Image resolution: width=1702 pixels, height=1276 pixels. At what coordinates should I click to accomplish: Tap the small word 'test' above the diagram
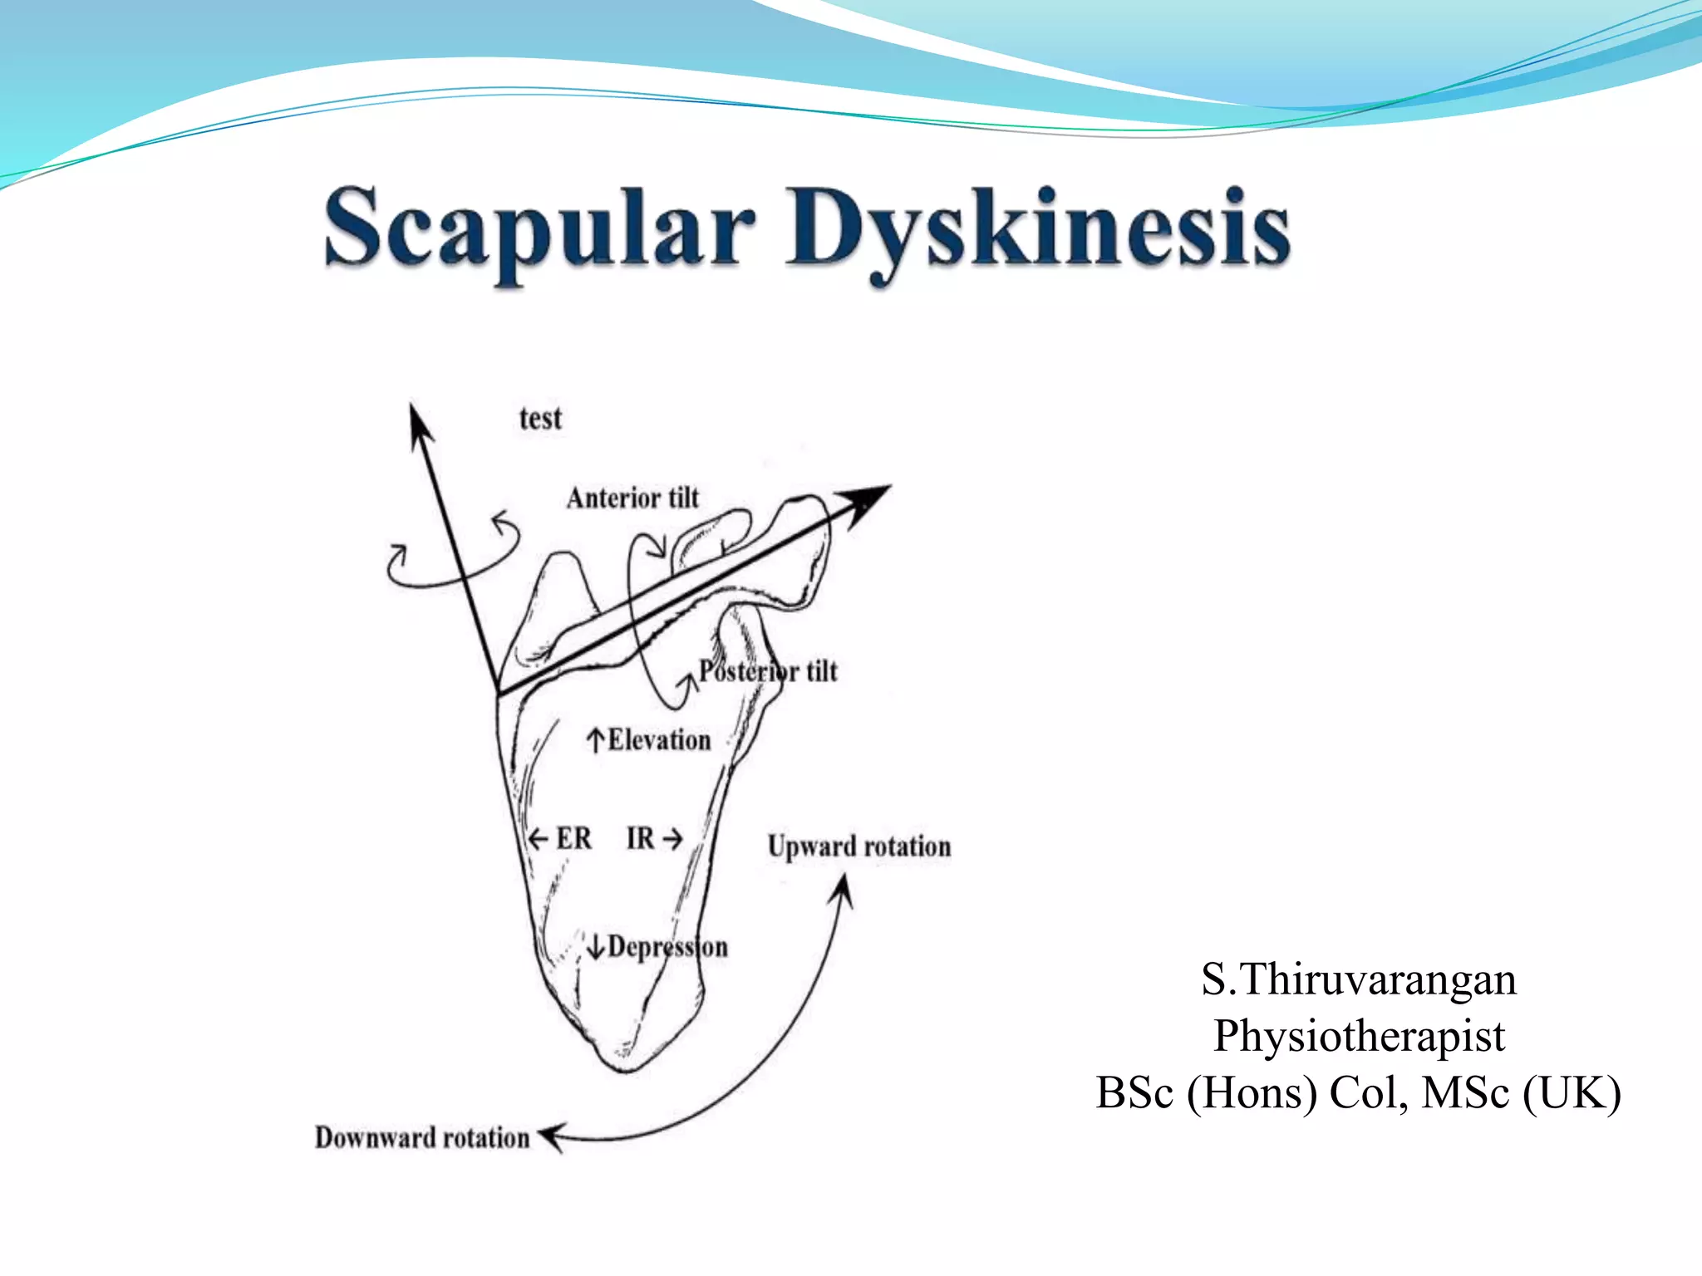(540, 418)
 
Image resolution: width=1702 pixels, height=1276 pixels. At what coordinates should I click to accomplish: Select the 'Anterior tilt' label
(632, 498)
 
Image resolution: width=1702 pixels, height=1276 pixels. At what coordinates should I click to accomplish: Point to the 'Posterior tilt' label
(768, 670)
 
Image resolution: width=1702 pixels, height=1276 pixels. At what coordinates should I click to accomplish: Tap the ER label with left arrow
(562, 838)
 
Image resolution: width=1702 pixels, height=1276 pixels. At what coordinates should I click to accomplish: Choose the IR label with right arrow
(653, 838)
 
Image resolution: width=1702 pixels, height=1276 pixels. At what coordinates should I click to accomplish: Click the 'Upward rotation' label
(859, 846)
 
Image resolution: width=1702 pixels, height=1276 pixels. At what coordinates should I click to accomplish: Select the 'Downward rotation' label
(422, 1137)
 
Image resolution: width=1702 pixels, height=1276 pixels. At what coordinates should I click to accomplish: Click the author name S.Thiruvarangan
(1359, 979)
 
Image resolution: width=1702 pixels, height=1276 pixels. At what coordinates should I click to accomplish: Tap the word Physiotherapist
(1359, 1036)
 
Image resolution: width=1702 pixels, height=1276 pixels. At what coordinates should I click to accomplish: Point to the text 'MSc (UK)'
(1521, 1092)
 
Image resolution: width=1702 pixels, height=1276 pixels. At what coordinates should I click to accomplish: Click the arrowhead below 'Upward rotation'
(844, 889)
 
